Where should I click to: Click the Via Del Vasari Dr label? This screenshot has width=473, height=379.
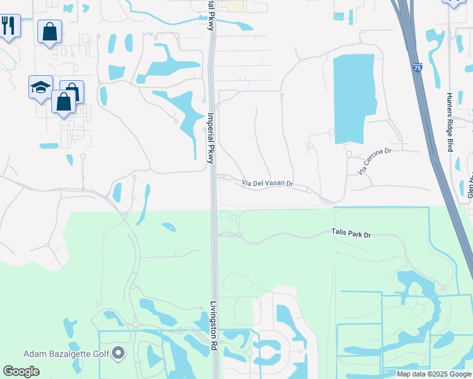coord(268,184)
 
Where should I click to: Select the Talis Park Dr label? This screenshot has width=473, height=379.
coord(350,234)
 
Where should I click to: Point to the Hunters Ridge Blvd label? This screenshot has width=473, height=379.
coord(450,122)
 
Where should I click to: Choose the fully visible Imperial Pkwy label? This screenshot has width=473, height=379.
coord(211,138)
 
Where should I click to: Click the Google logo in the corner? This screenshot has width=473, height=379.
coord(21,371)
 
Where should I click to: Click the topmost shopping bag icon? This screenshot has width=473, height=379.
coord(49,31)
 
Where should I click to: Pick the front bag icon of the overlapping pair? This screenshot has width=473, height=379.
coord(64,102)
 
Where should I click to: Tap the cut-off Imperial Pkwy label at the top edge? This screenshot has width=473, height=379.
coord(211,14)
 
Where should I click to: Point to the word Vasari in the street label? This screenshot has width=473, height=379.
coord(273,184)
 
